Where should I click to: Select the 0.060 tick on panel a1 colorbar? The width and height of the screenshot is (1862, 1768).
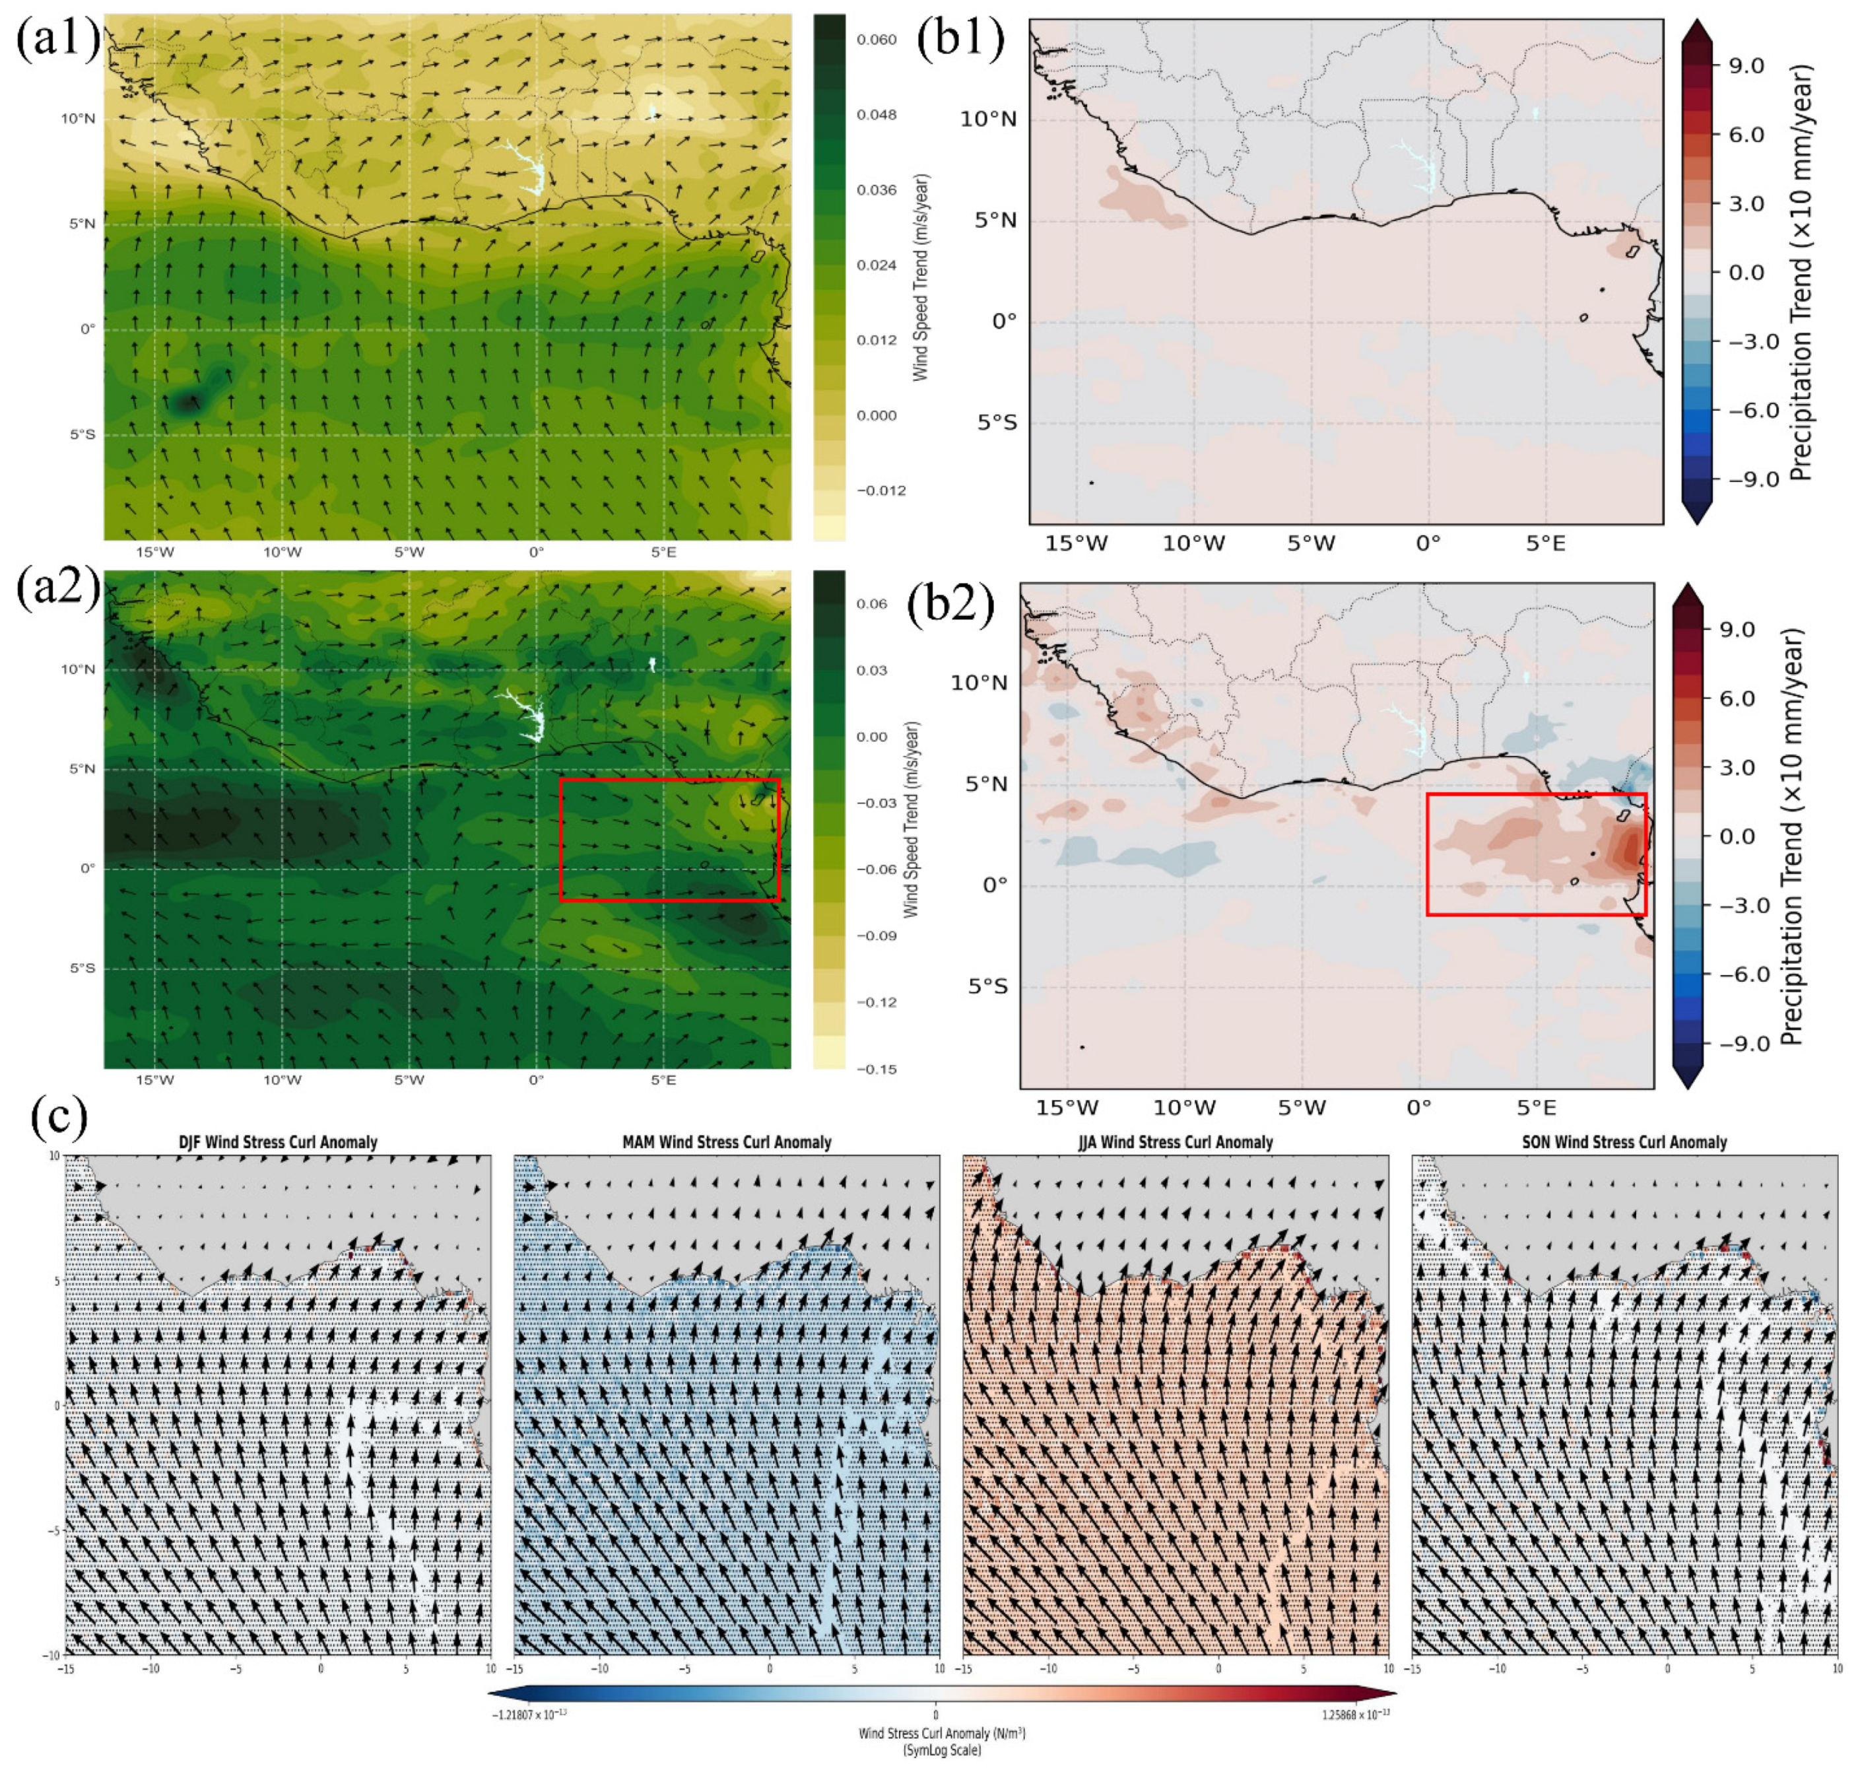tap(877, 40)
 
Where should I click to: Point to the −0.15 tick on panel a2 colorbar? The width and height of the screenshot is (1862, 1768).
tap(877, 1069)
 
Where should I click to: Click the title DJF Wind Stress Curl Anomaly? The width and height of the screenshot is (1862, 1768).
tap(278, 1142)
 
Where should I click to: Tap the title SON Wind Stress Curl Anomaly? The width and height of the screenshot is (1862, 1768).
tap(1624, 1142)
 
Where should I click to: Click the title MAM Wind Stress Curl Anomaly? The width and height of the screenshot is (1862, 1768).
tap(727, 1142)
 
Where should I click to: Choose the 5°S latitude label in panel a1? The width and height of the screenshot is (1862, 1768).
tap(81, 434)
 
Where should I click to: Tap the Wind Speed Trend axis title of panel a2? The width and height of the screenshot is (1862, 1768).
tap(912, 820)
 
